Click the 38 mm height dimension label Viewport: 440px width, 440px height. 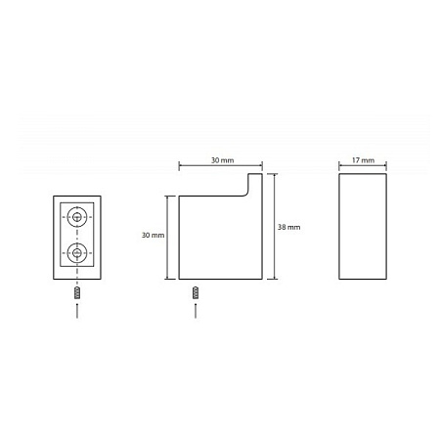coord(288,227)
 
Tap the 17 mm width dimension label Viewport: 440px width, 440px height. coord(363,160)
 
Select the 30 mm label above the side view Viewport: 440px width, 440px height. coord(222,160)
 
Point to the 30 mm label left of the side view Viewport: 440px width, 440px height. coord(153,235)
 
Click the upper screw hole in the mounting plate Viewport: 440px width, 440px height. coord(77,217)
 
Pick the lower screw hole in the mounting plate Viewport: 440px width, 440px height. coord(77,253)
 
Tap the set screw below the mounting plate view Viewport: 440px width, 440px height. coord(77,292)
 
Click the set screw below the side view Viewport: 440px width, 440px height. coord(196,292)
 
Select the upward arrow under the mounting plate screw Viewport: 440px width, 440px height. coord(77,310)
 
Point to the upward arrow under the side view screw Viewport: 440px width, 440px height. coord(196,310)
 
